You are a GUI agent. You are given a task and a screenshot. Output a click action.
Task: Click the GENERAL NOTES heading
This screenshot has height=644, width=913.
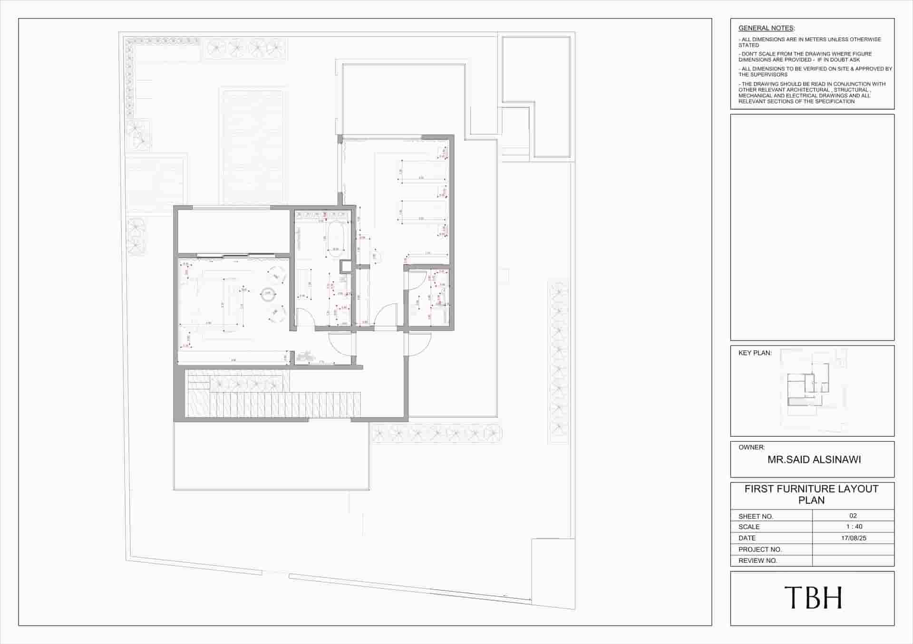coord(766,29)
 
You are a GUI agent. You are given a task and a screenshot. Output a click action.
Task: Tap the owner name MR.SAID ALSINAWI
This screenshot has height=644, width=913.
coord(814,460)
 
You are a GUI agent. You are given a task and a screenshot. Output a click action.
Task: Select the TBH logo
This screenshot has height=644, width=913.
coord(813,598)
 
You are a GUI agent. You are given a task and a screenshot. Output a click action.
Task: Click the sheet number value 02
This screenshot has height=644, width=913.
coord(853,516)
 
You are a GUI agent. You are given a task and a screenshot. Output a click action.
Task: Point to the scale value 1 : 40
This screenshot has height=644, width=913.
coord(854,527)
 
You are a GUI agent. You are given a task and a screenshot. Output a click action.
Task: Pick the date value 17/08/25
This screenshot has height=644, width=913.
coord(854,538)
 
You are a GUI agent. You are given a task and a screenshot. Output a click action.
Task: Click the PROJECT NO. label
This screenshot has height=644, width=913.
coord(760,549)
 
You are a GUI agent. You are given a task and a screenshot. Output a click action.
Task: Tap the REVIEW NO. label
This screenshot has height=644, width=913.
coord(758,561)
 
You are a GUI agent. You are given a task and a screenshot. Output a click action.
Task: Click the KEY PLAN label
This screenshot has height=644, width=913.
coord(755,353)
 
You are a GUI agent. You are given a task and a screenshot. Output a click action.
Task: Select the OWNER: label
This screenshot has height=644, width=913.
coord(751,447)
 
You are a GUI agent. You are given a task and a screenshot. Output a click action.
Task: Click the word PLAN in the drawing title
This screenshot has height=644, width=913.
coord(811,500)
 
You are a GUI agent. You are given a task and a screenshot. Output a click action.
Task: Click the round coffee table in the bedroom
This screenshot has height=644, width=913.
coord(268,294)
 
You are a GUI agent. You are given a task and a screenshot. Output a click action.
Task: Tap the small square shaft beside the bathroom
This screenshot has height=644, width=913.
coord(345,267)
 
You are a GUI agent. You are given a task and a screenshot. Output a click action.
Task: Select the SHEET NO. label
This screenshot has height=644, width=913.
coord(756,516)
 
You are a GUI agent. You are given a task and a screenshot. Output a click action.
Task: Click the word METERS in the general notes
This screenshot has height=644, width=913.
coord(814,39)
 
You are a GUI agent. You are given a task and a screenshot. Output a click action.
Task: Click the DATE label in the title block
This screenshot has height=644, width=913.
coord(747,538)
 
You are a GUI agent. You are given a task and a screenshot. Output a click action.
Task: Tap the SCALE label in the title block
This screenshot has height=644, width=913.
coord(749,527)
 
